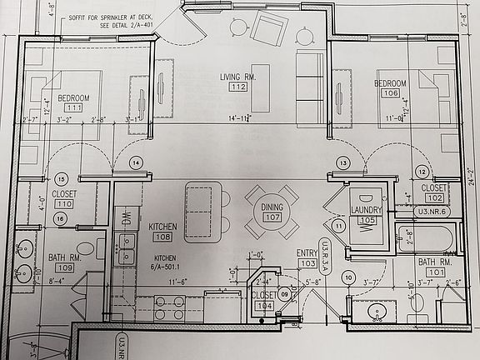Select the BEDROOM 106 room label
389,88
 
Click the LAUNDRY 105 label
366,214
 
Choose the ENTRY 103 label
307,257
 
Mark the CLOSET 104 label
264,300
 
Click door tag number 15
60,179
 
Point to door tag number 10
348,277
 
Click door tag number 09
284,293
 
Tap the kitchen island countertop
199,211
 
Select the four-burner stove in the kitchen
169,307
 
